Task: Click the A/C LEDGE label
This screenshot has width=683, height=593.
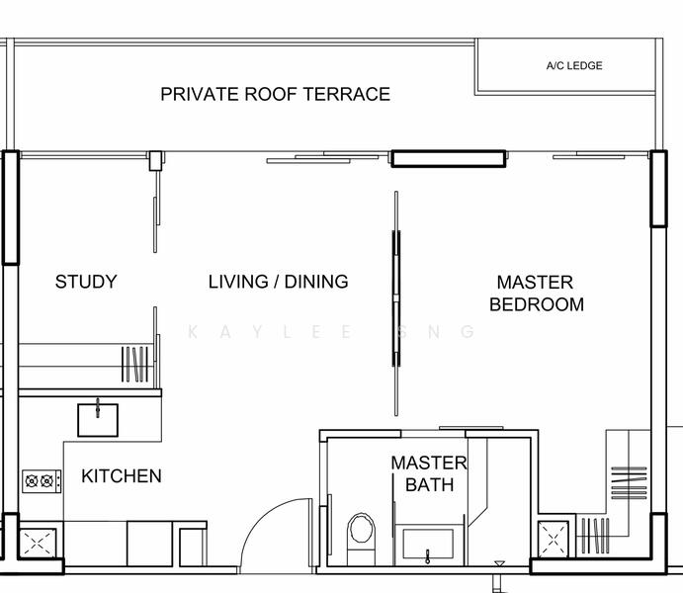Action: tap(574, 66)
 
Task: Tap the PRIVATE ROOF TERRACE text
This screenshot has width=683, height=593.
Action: tap(276, 95)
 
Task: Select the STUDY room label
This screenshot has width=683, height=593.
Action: tap(86, 282)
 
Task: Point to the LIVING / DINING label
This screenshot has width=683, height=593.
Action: tap(279, 282)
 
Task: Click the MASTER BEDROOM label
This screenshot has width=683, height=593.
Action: tap(536, 294)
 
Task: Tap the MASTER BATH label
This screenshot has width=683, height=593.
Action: tap(429, 473)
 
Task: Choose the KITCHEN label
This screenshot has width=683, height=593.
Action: tap(122, 475)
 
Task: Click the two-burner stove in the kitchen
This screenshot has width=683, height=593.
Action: tap(42, 481)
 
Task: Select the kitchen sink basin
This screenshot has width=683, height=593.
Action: tap(98, 420)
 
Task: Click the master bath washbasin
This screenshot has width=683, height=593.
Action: tap(428, 544)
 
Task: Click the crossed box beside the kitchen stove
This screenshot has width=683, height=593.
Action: tap(38, 543)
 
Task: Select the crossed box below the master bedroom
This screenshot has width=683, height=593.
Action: tap(554, 540)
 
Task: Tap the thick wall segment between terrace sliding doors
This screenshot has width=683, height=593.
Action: tap(448, 159)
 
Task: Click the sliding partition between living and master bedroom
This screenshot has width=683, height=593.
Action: tap(396, 303)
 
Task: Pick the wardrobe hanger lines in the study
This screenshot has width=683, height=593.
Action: tap(134, 364)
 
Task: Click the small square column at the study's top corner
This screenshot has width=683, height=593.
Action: tap(155, 161)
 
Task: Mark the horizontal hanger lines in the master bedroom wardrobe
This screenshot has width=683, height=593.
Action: tap(629, 483)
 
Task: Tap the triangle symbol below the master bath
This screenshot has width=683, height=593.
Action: tap(499, 564)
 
